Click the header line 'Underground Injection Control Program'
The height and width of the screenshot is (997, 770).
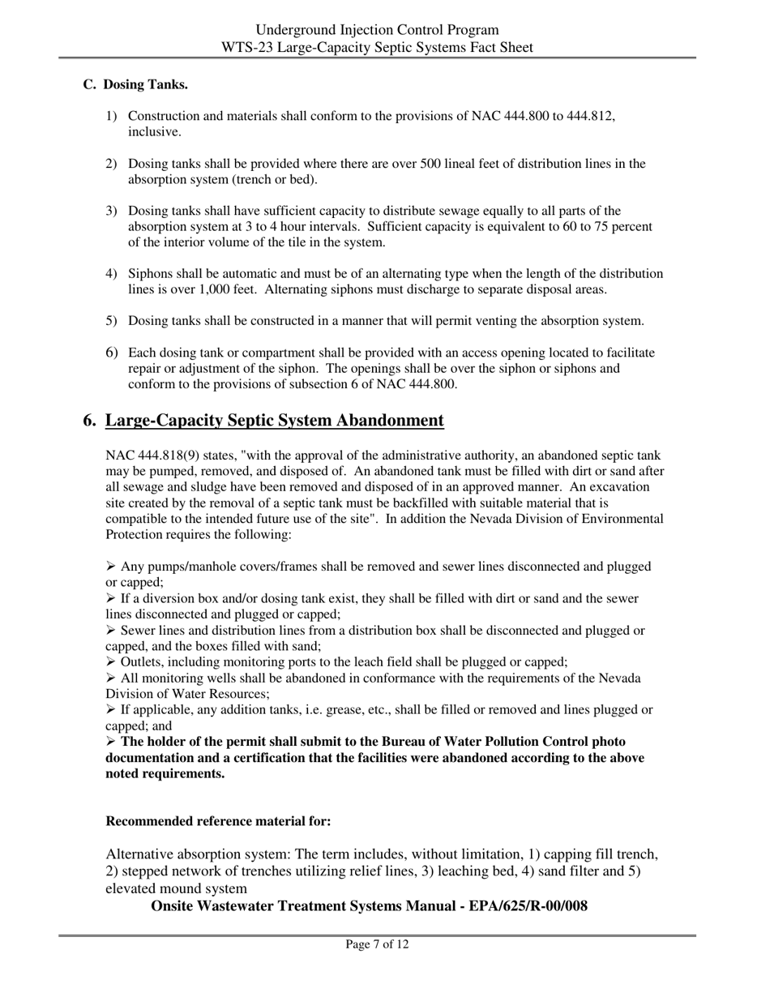point(378,30)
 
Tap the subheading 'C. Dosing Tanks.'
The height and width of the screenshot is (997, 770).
point(136,84)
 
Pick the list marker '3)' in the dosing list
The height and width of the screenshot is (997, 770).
point(112,211)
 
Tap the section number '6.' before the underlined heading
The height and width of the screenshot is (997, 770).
point(91,421)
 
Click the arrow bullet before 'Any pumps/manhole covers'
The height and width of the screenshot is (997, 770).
point(111,567)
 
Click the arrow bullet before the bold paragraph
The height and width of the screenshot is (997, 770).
point(111,742)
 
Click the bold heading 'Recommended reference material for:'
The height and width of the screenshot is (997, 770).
point(218,821)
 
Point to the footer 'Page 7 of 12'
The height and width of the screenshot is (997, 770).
point(377,944)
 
